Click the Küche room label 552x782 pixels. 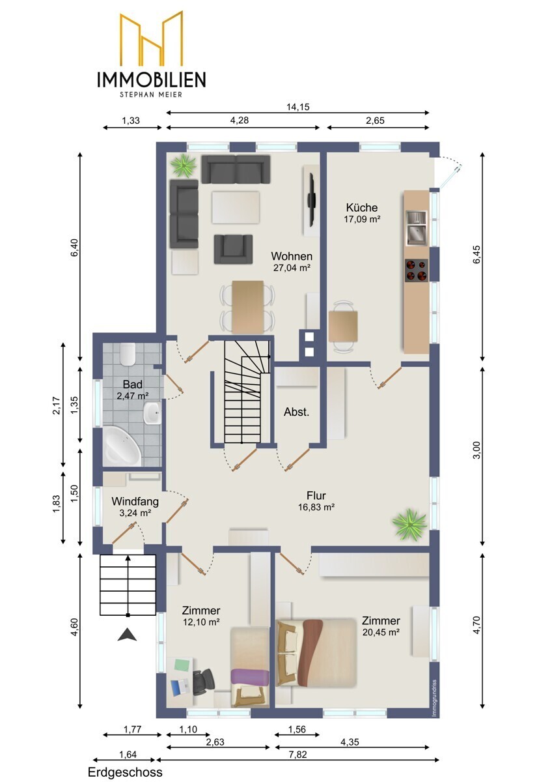coord(362,207)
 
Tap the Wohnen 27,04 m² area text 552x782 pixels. coord(292,268)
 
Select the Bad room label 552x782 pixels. coord(133,384)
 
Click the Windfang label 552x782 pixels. coord(135,501)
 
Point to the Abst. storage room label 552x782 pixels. coord(296,412)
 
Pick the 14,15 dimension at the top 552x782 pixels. coord(297,107)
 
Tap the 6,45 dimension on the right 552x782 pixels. coord(476,255)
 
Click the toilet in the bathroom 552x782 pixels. coord(128,354)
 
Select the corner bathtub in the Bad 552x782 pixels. coord(122,446)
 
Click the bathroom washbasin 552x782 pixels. coord(152,413)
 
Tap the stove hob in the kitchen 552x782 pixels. coord(417,270)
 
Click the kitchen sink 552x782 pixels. coord(417,228)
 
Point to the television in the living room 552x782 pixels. coord(311,201)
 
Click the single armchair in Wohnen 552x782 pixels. coord(233,249)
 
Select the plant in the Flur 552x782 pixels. coord(409,523)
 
